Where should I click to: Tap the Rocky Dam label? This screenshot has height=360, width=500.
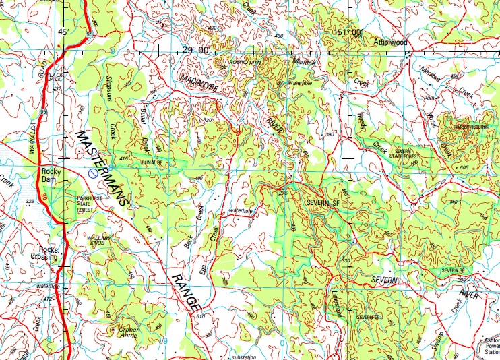point(51,175)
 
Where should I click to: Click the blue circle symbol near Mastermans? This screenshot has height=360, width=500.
point(90,173)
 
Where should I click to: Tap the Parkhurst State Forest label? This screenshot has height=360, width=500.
point(91,204)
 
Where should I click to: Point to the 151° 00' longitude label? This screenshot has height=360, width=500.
point(348,32)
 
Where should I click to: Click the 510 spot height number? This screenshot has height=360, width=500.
point(199,316)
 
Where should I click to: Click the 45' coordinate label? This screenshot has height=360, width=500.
point(63,31)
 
